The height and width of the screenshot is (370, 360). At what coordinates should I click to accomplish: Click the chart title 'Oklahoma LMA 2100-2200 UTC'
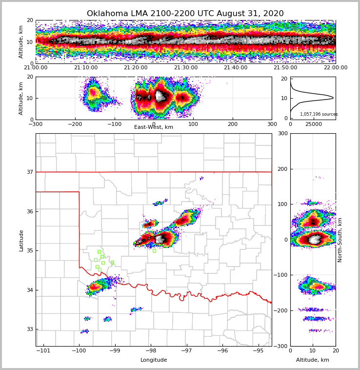(185, 14)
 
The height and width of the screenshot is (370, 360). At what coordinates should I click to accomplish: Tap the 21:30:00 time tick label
(186, 68)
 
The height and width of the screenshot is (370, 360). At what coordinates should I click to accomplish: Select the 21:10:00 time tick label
(85, 68)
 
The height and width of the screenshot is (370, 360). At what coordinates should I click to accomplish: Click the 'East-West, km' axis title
(154, 127)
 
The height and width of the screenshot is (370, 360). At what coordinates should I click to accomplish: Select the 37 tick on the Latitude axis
(30, 172)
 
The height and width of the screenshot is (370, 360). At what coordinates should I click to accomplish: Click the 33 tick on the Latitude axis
(30, 329)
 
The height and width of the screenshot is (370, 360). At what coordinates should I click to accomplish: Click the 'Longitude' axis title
(154, 360)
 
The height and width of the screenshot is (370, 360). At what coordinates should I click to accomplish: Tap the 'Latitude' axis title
(21, 240)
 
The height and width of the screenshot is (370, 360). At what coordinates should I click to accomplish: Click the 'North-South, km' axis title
(340, 240)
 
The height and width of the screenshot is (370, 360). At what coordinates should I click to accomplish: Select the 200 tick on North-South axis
(281, 169)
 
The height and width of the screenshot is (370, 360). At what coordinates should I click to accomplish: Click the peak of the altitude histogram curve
(333, 98)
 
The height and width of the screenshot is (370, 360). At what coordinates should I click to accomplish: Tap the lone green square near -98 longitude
(154, 250)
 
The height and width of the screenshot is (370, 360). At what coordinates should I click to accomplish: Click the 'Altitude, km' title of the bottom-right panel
(313, 360)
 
